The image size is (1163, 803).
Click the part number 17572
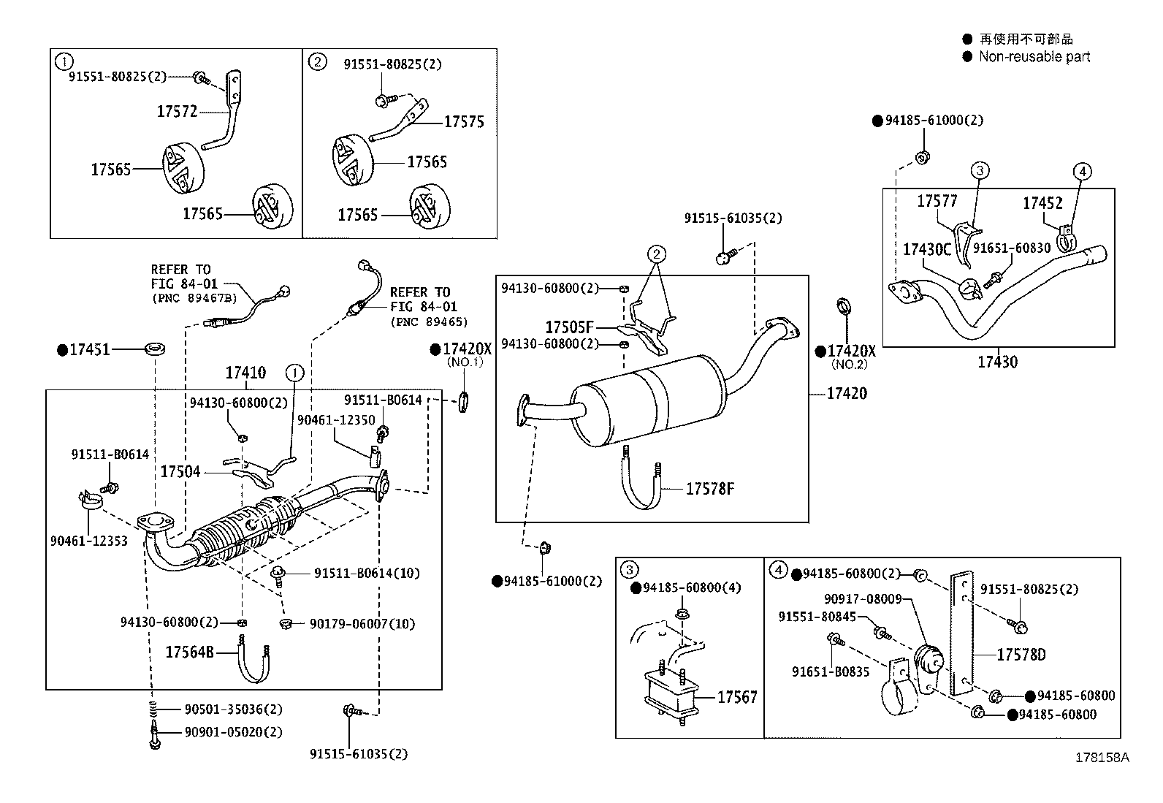point(177,111)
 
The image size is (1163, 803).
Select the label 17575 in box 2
point(464,122)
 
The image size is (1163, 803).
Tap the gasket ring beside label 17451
point(154,347)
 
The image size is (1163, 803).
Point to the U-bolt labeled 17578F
point(643,486)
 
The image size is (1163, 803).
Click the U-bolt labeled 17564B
point(253,661)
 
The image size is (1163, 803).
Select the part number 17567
point(737,697)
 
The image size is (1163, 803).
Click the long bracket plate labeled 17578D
point(961,634)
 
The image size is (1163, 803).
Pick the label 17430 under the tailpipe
point(997,362)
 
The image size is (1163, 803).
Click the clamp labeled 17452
point(1065,235)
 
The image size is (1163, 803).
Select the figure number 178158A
point(1102,757)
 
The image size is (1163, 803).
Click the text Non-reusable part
point(1034,56)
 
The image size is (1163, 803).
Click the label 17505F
point(569,327)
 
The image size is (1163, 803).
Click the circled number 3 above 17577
point(980,171)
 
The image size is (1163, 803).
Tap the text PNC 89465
point(429,321)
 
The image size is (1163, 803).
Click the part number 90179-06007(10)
point(362,623)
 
